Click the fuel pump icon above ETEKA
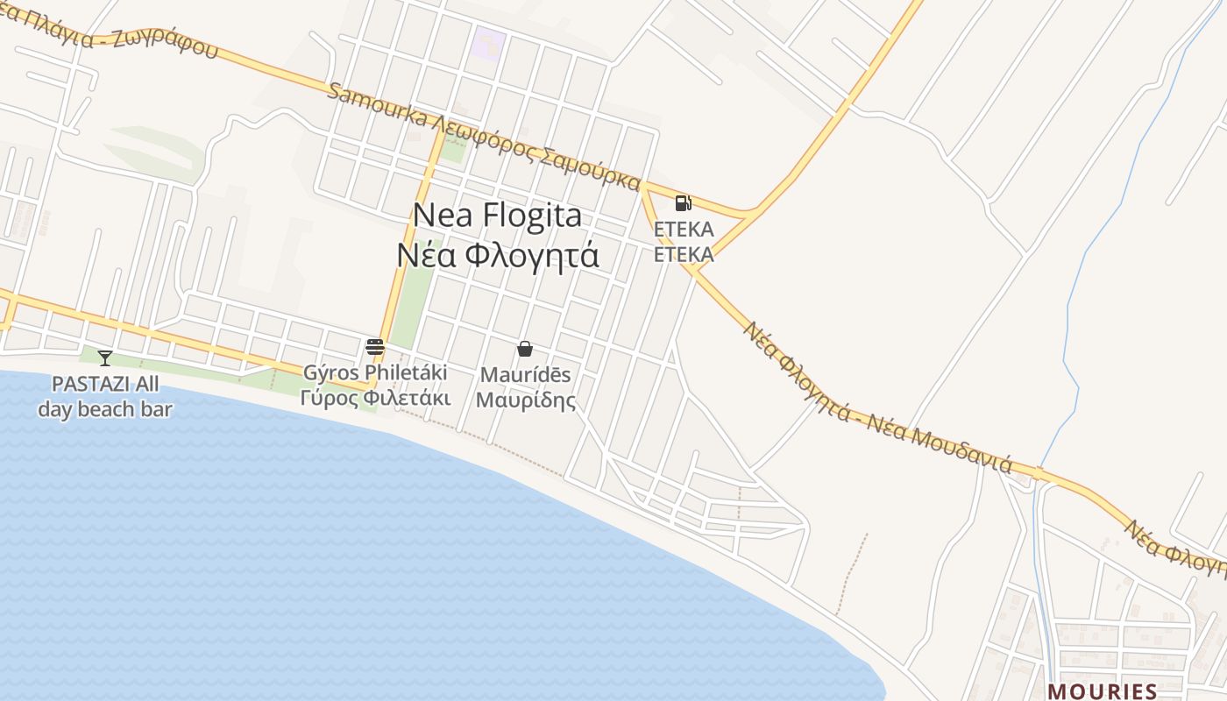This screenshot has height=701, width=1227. click(683, 203)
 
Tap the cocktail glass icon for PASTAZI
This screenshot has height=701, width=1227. click(105, 358)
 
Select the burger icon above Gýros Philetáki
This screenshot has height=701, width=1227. click(375, 347)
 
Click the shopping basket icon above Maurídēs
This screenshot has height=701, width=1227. click(525, 349)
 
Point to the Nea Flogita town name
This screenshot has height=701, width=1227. click(497, 215)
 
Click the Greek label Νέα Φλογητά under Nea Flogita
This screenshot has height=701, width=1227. click(497, 255)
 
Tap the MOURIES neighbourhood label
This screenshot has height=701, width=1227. click(1102, 690)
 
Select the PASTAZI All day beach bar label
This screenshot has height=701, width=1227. click(105, 396)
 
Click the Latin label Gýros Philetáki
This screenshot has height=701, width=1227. click(375, 372)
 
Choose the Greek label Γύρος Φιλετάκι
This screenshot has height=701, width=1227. click(375, 398)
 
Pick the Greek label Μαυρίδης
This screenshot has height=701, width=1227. click(526, 400)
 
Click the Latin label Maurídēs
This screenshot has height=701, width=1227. click(526, 375)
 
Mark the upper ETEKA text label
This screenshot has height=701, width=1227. click(684, 230)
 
